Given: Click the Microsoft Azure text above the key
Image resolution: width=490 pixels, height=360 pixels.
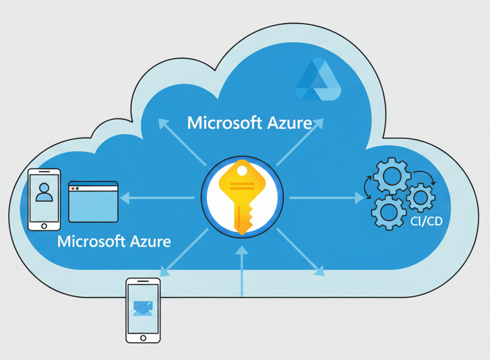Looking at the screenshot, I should coord(249,123).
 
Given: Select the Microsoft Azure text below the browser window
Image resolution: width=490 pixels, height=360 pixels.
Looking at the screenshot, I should coord(114,241).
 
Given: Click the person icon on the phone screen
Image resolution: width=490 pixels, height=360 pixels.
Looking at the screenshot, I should coord(44,192).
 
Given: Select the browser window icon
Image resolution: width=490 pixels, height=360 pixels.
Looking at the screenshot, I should coord(93,202).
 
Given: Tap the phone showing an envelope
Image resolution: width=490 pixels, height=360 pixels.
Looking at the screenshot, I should coord(143,309).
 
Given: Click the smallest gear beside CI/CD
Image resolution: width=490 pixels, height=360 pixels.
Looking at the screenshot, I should coord(421,196).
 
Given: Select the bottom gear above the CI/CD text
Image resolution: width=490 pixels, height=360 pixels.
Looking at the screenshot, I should coord(389,212).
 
